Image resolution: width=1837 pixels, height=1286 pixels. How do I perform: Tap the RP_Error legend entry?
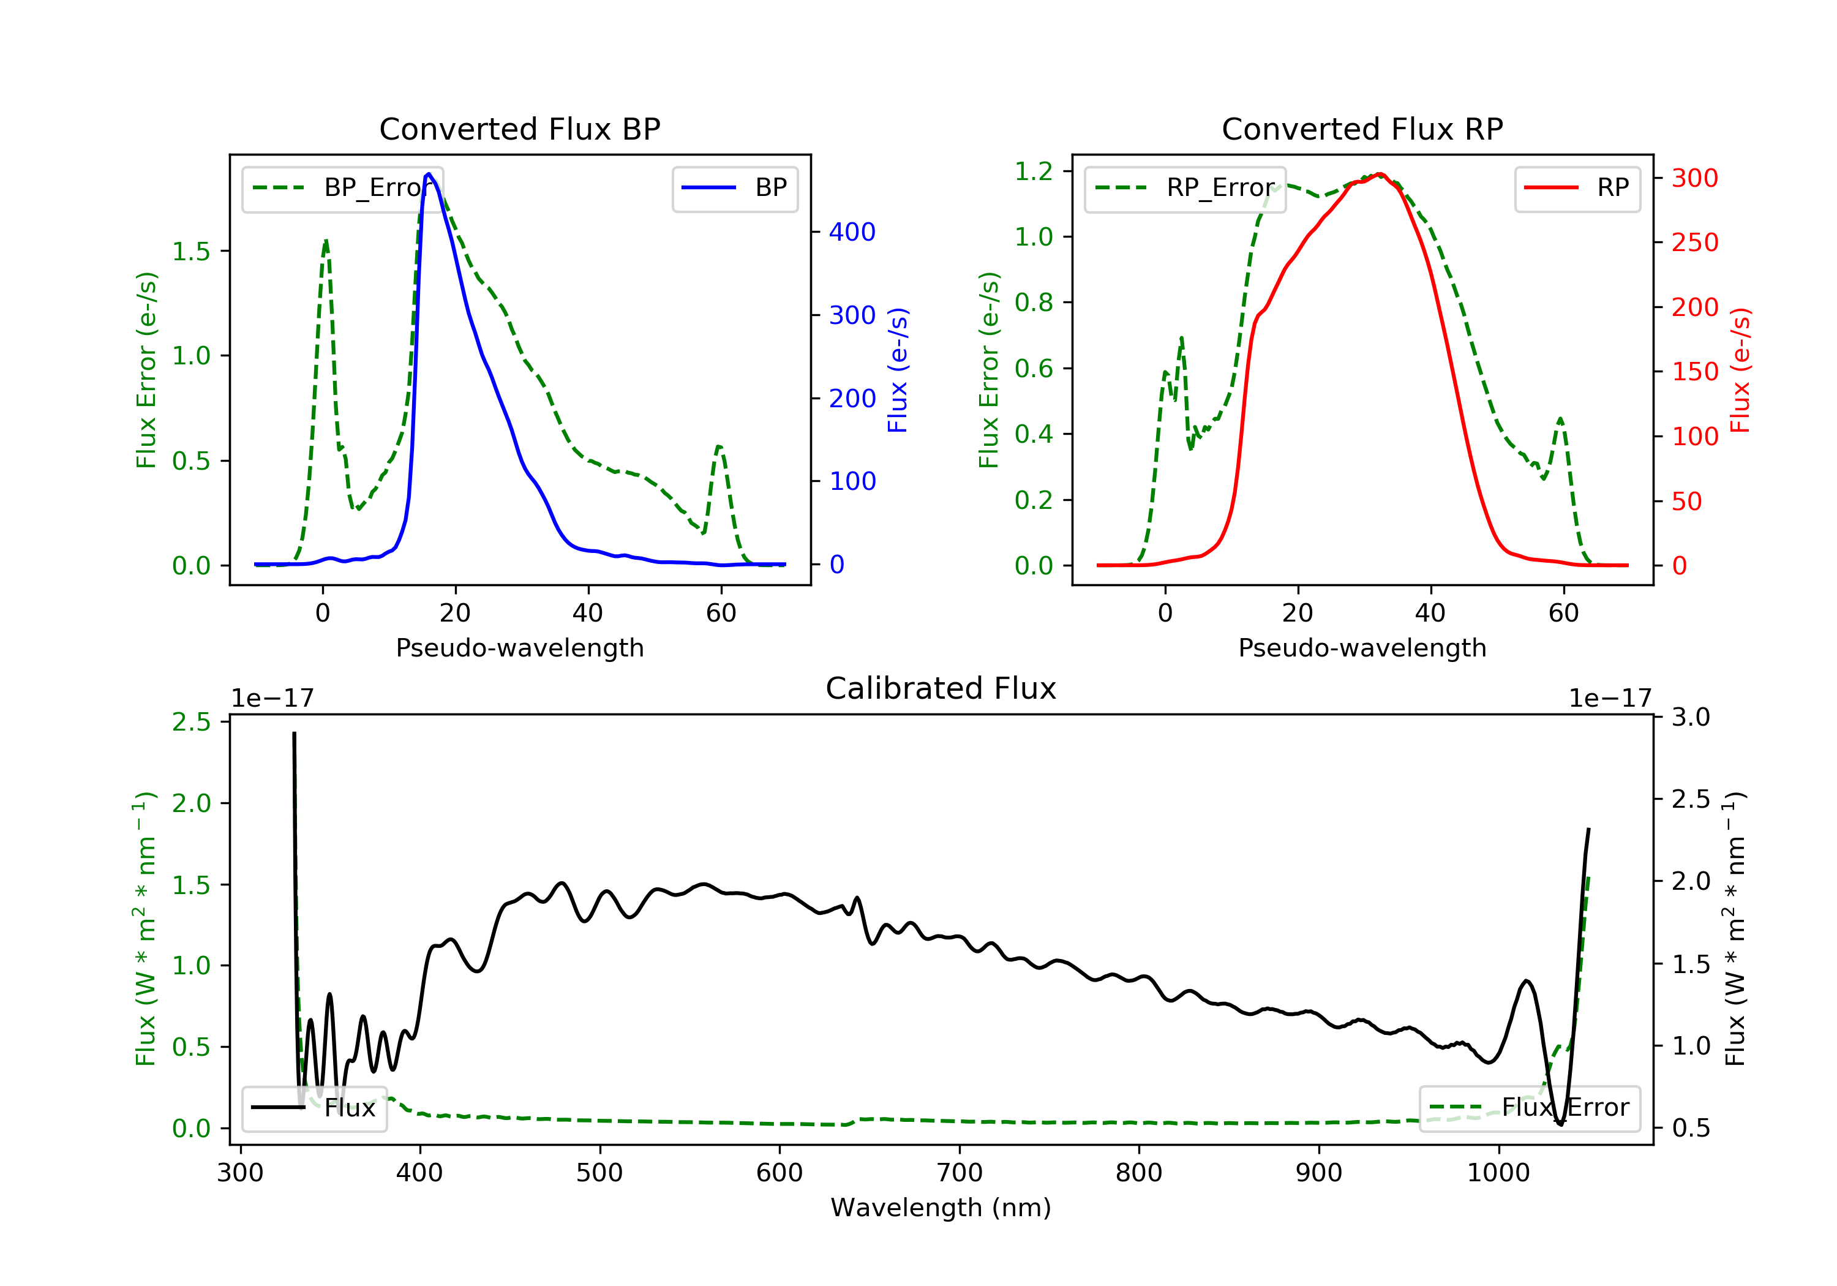click(1185, 189)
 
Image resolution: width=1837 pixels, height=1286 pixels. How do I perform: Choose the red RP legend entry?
click(1577, 189)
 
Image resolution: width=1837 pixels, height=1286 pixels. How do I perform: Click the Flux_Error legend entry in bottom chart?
click(1529, 1108)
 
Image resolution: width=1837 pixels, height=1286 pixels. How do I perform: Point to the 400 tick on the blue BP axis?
click(852, 232)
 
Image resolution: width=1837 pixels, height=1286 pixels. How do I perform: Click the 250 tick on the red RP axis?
click(1694, 243)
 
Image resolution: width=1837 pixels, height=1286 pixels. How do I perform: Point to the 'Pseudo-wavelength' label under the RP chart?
click(1362, 648)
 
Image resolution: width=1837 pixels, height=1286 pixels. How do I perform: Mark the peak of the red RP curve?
click(1380, 174)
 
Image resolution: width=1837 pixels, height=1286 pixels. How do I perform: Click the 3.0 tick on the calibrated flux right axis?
click(1691, 717)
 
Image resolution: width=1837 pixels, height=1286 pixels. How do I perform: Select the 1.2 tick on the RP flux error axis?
click(1034, 171)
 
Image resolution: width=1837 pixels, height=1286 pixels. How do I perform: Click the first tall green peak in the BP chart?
click(326, 241)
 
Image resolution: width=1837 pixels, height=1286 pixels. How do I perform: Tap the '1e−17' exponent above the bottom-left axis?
click(272, 699)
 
